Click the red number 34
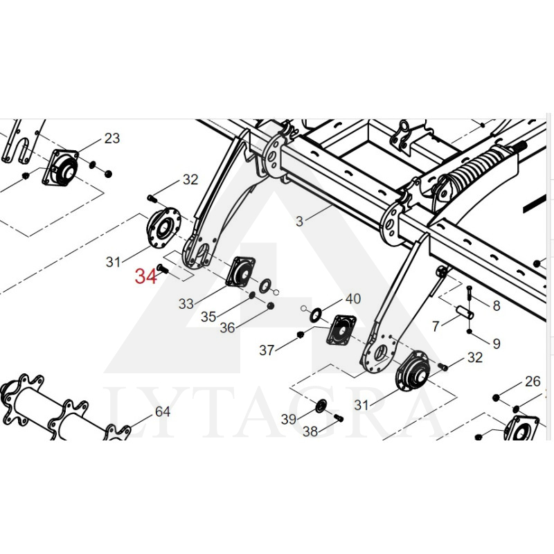(146, 277)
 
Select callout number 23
(111, 138)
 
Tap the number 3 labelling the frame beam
(299, 222)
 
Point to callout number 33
(186, 303)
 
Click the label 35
(208, 316)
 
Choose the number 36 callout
(227, 328)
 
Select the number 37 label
(267, 351)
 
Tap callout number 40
(353, 299)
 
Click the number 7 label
(436, 325)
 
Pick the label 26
(532, 381)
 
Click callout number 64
(162, 412)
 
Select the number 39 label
(289, 418)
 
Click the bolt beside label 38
(338, 417)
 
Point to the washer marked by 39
(321, 405)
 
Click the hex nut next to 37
(300, 335)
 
